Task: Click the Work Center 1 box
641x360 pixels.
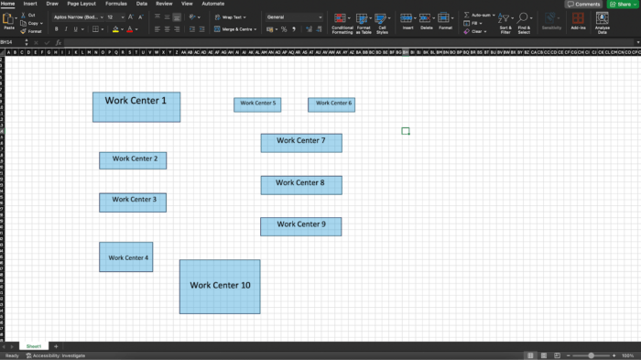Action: (x=136, y=106)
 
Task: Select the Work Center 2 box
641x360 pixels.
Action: (x=133, y=160)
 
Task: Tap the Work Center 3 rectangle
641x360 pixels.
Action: (x=133, y=202)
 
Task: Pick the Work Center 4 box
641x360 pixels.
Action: (x=126, y=257)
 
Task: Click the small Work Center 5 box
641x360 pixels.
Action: (x=257, y=104)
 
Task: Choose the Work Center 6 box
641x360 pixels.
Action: (x=331, y=104)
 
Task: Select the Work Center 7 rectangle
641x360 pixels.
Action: (x=301, y=142)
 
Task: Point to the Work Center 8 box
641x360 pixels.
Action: (x=301, y=184)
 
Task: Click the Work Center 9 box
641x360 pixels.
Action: (x=301, y=225)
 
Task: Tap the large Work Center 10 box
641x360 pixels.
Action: (x=220, y=286)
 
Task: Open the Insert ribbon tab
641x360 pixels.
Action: (x=30, y=4)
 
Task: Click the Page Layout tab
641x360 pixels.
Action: (x=81, y=4)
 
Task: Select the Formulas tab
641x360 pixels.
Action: (x=116, y=4)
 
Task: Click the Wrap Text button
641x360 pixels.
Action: (x=229, y=17)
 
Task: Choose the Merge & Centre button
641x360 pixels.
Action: (x=233, y=29)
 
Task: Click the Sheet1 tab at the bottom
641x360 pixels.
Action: (x=34, y=346)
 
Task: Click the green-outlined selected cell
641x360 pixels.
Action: (x=406, y=131)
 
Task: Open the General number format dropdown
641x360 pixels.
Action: (x=294, y=17)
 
